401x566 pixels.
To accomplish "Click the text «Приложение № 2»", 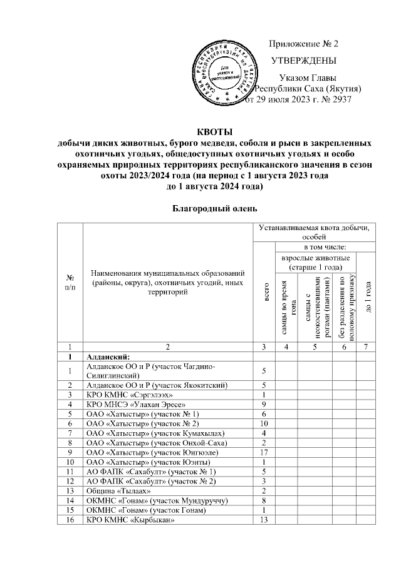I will pyautogui.click(x=304, y=44).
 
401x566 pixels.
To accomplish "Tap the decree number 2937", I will pyautogui.click(x=339, y=99).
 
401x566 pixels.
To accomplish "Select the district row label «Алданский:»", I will pyautogui.click(x=110, y=356).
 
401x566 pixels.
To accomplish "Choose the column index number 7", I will pyautogui.click(x=366, y=346).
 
